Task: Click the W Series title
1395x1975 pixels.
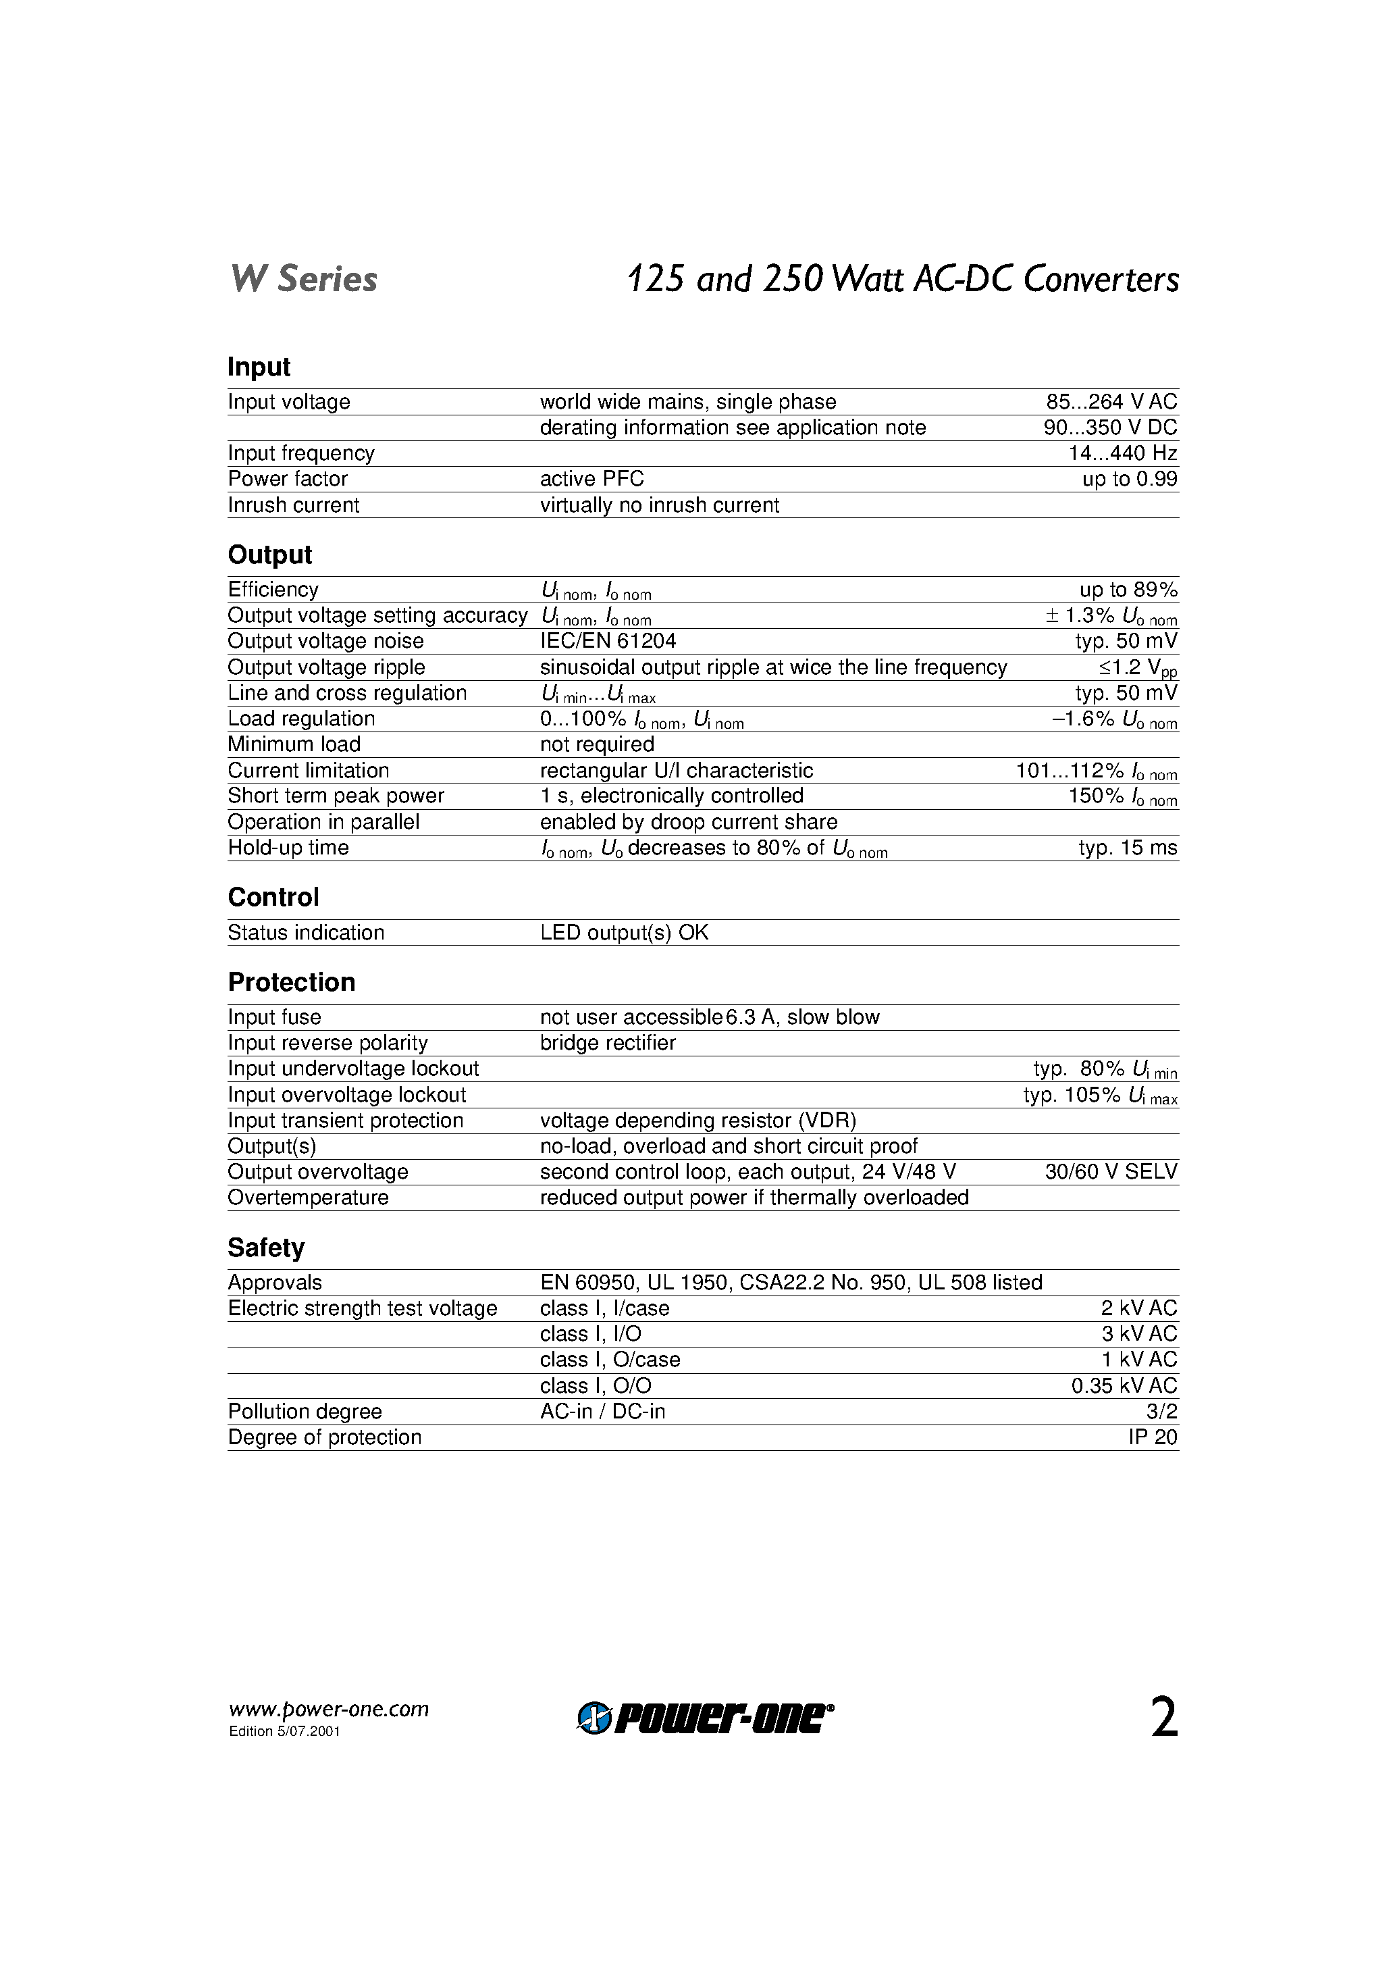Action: coord(304,280)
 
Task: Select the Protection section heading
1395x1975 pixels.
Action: coord(292,982)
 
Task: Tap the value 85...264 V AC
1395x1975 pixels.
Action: coord(1111,402)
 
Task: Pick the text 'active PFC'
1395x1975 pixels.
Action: coord(591,479)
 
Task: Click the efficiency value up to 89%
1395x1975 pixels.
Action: coord(1128,590)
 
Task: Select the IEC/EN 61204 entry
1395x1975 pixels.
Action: coord(608,641)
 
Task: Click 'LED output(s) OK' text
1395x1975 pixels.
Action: coord(625,932)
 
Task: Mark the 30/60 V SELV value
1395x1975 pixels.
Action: coord(1111,1172)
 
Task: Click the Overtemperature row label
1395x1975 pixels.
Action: coord(308,1198)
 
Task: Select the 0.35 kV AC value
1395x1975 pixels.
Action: coord(1124,1386)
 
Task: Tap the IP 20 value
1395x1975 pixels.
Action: coord(1153,1437)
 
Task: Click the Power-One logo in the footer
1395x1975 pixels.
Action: coord(705,1718)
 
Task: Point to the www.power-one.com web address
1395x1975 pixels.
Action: coord(329,1709)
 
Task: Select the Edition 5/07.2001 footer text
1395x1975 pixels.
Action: coord(285,1732)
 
